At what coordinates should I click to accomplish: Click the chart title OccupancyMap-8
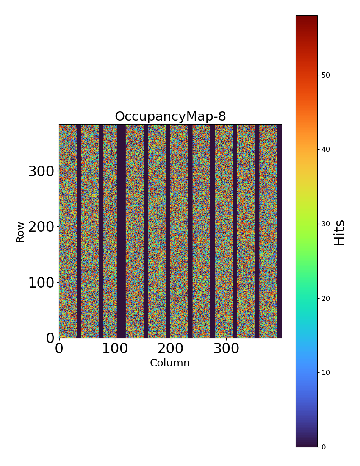point(170,116)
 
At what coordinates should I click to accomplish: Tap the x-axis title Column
point(170,363)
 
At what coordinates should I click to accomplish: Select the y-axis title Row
point(20,232)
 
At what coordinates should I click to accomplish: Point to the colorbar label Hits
point(340,232)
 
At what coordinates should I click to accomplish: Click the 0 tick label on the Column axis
point(59,349)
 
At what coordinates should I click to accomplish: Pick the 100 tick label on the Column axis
point(115,349)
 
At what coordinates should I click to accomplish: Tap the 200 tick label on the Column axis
point(170,349)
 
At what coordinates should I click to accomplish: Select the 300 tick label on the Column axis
point(226,349)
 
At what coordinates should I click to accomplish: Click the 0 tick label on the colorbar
point(324,447)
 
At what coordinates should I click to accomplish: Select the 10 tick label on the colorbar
point(326,372)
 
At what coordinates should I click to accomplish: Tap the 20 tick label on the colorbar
point(326,298)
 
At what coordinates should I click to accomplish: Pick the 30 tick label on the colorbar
point(326,224)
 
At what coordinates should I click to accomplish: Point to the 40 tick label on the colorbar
point(326,149)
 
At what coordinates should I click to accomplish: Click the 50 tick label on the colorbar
point(326,75)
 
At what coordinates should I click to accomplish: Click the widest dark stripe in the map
point(121,231)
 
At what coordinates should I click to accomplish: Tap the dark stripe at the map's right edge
point(280,231)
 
